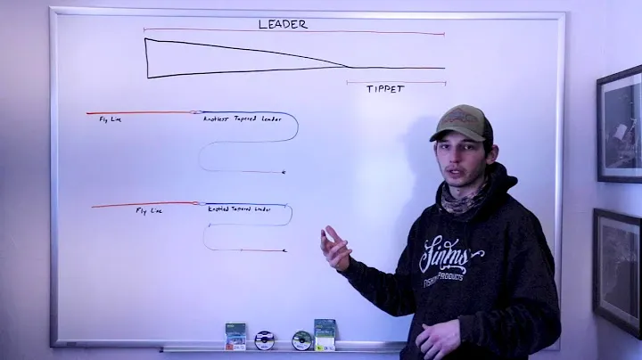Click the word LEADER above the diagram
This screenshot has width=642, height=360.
click(283, 24)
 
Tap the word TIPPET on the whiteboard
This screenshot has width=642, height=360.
click(386, 90)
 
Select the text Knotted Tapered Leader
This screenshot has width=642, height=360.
click(239, 209)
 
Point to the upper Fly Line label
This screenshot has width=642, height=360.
click(111, 119)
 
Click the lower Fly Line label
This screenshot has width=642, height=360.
click(149, 211)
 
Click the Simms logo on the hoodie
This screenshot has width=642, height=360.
click(450, 256)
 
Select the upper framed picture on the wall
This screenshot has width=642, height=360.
click(621, 124)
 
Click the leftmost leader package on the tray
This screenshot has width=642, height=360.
click(235, 335)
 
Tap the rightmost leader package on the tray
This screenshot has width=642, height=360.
click(325, 333)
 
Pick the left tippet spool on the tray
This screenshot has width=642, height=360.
click(264, 340)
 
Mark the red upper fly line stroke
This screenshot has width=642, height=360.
click(138, 113)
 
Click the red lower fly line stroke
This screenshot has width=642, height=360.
click(143, 205)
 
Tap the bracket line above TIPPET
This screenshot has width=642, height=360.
click(396, 83)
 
